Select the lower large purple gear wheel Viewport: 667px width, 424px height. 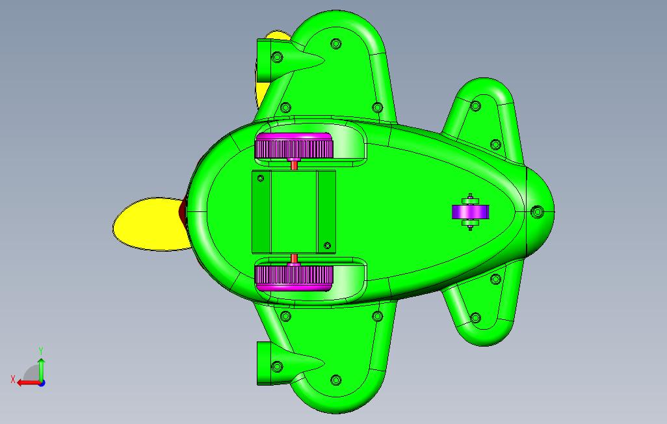293,277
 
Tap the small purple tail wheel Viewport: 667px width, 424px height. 470,212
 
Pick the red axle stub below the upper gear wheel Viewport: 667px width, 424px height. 293,164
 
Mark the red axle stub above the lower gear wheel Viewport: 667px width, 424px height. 293,258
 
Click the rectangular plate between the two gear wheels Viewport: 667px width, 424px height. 293,211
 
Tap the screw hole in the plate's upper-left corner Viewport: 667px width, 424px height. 261,178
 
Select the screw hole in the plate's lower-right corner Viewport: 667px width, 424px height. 327,246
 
